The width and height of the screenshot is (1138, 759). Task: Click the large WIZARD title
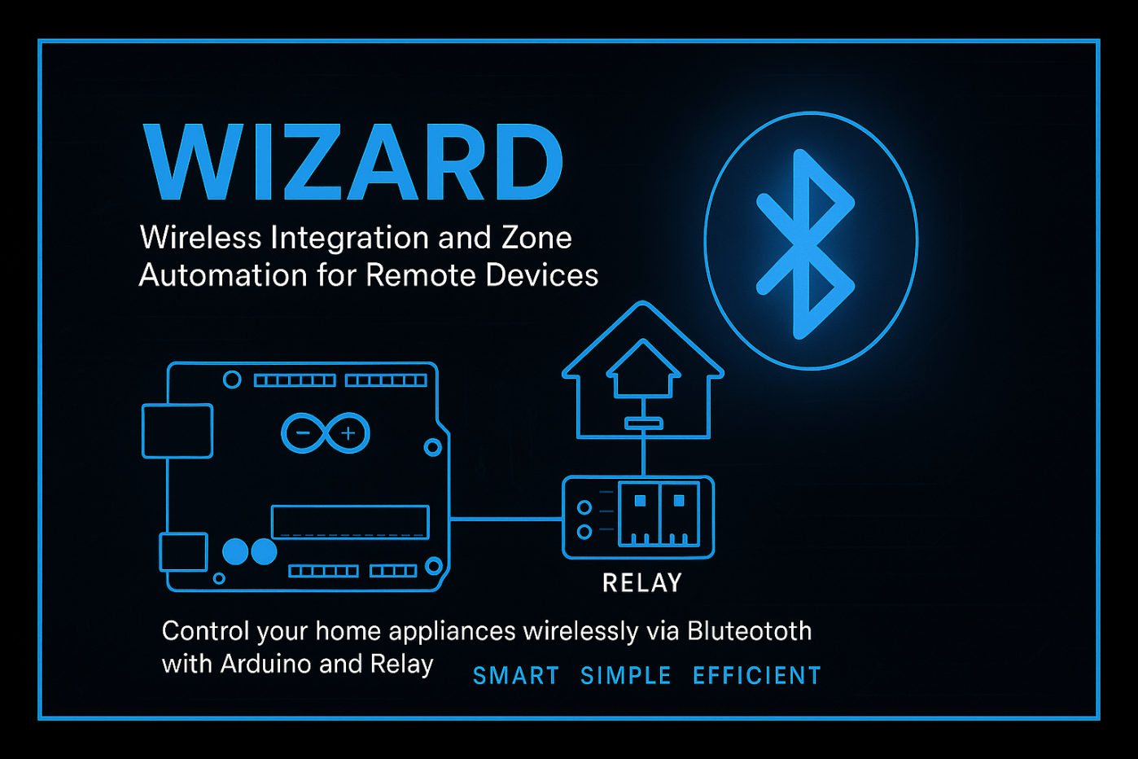tap(353, 163)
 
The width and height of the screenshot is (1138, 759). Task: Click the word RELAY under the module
tap(642, 583)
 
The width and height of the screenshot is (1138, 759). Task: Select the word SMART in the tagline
tap(516, 676)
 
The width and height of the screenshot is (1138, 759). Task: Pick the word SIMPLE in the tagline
tap(626, 676)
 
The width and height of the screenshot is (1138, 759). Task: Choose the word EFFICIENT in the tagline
tap(757, 676)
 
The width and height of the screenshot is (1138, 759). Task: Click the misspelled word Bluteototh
tap(750, 631)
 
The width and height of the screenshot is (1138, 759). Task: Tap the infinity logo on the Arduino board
tap(325, 433)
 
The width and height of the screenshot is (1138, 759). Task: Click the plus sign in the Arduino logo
tap(348, 433)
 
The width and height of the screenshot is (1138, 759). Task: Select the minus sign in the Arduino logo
tap(304, 432)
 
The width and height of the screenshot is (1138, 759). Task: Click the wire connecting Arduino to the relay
tap(506, 519)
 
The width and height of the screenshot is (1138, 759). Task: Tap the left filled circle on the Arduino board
tap(235, 551)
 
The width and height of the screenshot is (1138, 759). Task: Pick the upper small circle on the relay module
tap(584, 507)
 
